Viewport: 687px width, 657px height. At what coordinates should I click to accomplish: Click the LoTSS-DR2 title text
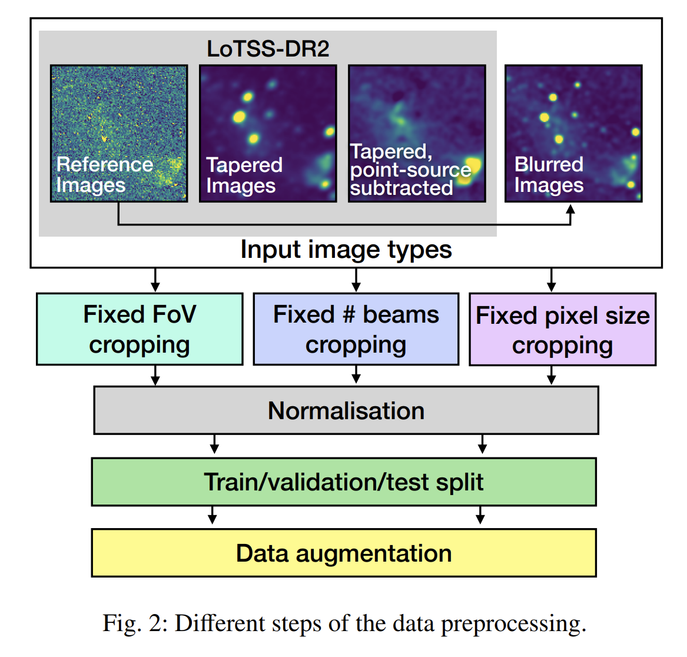point(268,49)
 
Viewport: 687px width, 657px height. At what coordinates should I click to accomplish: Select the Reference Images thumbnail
point(119,133)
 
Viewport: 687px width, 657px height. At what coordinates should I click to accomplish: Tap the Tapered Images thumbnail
point(268,133)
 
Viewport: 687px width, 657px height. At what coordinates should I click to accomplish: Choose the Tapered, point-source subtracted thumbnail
point(417,133)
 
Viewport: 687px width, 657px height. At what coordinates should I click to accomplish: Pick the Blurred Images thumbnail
point(573,133)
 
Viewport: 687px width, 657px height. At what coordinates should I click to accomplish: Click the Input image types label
point(346,250)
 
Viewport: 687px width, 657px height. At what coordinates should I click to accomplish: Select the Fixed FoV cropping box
point(140,329)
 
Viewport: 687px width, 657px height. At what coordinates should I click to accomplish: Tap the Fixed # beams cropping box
point(356,329)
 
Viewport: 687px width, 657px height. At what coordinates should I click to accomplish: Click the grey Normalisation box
point(346,411)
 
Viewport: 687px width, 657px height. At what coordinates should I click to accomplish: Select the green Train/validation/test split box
point(344,482)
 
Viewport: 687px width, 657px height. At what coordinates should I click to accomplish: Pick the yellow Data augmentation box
point(344,553)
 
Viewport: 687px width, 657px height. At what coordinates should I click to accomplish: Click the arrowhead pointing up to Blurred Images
point(570,209)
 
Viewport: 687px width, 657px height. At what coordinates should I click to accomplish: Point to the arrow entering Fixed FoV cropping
point(155,280)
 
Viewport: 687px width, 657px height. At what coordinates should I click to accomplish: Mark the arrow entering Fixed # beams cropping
point(356,280)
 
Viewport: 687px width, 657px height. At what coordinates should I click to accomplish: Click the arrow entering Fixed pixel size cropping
point(552,280)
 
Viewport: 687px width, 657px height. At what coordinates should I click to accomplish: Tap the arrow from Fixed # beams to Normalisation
point(356,375)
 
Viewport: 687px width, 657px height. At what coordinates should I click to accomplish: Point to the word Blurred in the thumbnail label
point(549,164)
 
